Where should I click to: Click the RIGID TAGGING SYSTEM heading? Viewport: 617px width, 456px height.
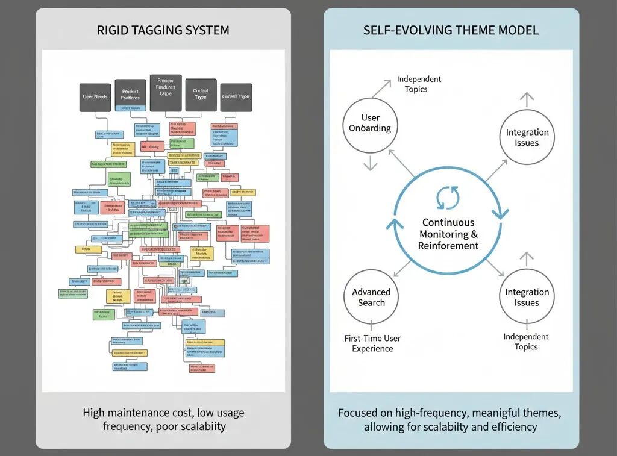163,30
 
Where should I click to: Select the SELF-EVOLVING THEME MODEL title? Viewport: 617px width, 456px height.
451,30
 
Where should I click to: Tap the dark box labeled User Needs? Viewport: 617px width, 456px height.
95,96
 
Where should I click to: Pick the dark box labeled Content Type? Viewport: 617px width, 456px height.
236,96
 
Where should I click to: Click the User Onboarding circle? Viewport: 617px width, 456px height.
370,123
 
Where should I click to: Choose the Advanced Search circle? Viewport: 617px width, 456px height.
371,297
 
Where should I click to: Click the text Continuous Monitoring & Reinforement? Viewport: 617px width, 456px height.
448,234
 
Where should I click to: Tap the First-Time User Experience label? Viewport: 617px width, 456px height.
372,343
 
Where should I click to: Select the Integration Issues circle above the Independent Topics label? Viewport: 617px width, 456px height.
527,297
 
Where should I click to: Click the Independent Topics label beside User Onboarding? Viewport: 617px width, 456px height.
419,84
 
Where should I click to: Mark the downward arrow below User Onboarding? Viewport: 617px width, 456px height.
370,163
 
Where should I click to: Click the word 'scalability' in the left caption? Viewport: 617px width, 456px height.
196,426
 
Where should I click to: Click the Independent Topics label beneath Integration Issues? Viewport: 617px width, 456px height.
526,342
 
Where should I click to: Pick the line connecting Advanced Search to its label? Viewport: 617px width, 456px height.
371,328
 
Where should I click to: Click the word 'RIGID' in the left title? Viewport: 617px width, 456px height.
111,30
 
